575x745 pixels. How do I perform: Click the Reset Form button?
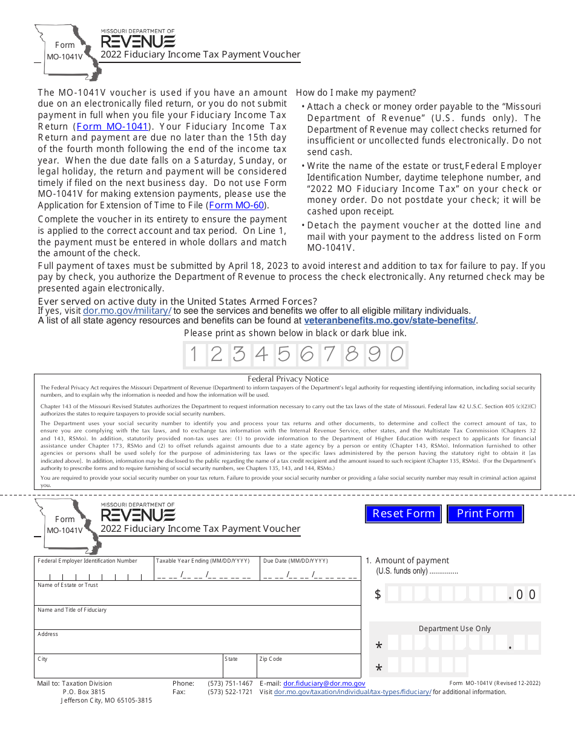click(x=403, y=514)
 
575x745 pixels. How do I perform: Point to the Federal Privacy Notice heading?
click(x=288, y=379)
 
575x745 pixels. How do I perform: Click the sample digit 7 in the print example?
click(x=329, y=354)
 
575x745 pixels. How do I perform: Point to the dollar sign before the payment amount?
click(x=378, y=594)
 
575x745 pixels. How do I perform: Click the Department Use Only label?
click(x=455, y=629)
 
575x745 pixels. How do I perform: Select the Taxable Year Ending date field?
click(x=203, y=574)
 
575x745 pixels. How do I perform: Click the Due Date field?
click(x=310, y=574)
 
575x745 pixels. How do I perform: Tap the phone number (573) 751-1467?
click(x=230, y=683)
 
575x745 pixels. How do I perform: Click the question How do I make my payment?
click(x=356, y=93)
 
